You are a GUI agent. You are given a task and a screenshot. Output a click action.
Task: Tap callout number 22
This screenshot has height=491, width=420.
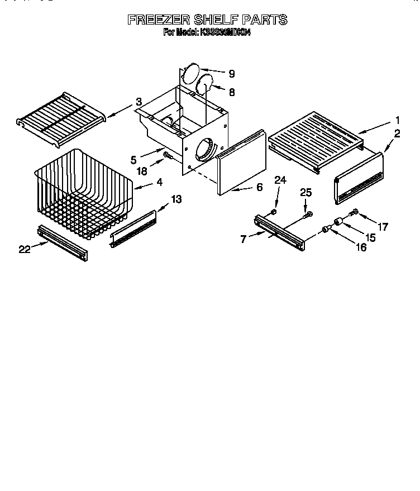tap(23, 250)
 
